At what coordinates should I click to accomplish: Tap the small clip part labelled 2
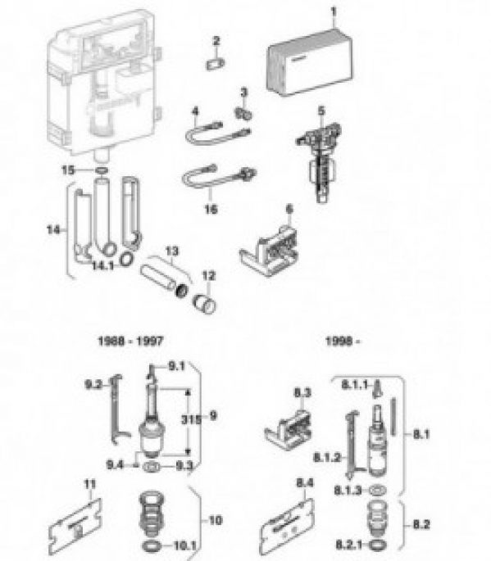[216, 63]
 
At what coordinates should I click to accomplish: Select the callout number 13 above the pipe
[171, 250]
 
